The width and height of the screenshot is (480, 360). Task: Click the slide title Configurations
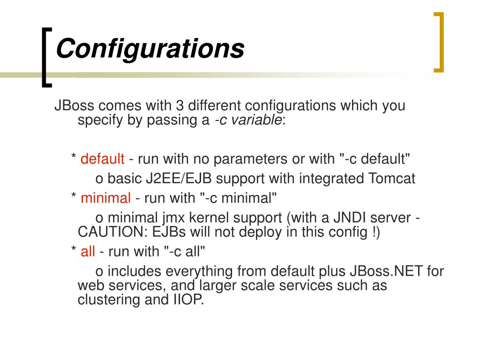coord(150,49)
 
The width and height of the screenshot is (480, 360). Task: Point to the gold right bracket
coord(439,43)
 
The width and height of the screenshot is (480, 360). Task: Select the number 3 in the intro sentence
coord(180,105)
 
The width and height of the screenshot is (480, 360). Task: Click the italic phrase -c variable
coord(248,120)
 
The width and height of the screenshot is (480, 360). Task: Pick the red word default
coord(102,159)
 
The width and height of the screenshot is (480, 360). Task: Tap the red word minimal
coord(105,198)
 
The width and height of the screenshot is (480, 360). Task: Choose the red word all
coord(88,252)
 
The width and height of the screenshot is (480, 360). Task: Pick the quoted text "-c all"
coord(185,252)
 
